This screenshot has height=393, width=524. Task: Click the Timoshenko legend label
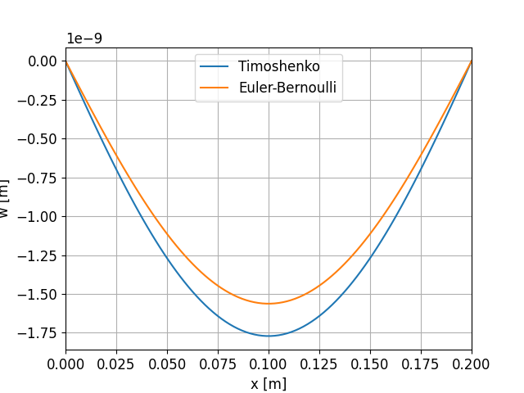tap(278, 66)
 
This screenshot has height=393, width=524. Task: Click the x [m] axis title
tap(269, 382)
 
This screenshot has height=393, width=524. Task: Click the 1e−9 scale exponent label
tap(84, 38)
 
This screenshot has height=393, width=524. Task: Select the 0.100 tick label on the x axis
tap(269, 364)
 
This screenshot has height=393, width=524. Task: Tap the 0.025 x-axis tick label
tap(116, 364)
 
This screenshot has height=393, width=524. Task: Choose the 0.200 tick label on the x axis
tap(472, 364)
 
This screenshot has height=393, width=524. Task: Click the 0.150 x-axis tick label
tap(370, 364)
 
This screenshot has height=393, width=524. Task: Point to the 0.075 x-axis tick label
tap(218, 364)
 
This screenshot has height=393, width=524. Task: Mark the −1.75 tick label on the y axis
tap(38, 333)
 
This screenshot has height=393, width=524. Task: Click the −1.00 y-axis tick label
tap(38, 216)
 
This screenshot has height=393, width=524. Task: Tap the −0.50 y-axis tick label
tap(38, 138)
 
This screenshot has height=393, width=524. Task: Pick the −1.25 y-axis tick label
tap(38, 255)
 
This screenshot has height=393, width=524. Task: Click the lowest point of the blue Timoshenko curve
tap(269, 336)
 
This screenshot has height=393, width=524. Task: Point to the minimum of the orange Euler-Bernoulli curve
tap(269, 304)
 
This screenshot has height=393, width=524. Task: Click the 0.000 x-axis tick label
tap(65, 364)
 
